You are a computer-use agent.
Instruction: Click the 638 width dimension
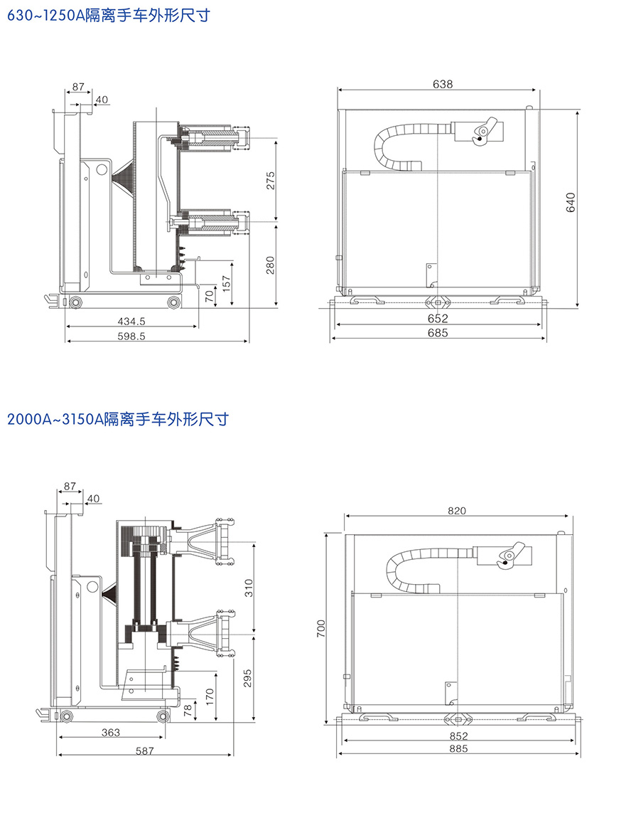(x=442, y=84)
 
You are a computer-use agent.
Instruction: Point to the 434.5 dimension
(x=131, y=322)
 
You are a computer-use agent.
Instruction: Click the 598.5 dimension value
(x=131, y=336)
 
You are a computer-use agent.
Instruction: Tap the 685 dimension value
(x=438, y=333)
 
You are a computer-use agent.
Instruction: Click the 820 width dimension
(x=456, y=511)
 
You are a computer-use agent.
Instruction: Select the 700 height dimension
(x=321, y=627)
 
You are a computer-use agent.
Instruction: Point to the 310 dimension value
(x=249, y=588)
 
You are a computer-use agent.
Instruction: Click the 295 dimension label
(x=249, y=679)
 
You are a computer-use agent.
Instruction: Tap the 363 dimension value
(x=110, y=732)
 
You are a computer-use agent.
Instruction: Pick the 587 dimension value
(x=144, y=750)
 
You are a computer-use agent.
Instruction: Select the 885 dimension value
(x=459, y=749)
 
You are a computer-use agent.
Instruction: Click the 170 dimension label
(x=210, y=696)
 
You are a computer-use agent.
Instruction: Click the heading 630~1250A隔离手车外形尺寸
(x=108, y=15)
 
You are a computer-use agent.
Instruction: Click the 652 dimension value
(x=438, y=319)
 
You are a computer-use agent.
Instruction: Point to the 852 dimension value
(x=459, y=736)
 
